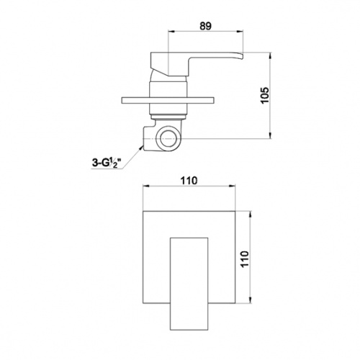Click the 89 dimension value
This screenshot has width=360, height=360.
[x=205, y=26]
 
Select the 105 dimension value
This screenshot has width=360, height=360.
[x=265, y=95]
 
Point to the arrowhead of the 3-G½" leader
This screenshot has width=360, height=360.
[x=141, y=147]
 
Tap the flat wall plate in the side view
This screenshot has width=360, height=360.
[x=168, y=100]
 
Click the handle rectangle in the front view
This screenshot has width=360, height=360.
[x=189, y=284]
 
